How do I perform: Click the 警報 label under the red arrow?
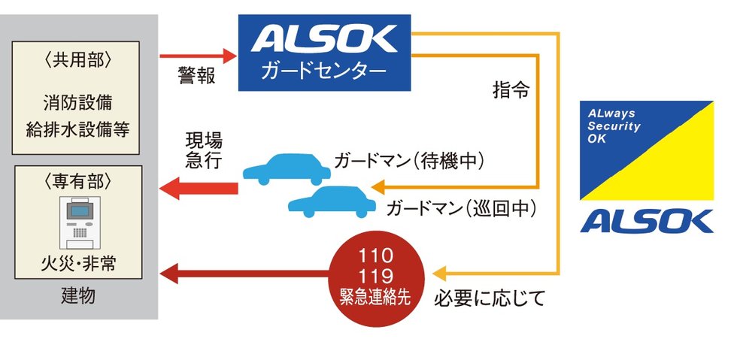coord(197,76)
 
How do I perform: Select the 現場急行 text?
coord(204,150)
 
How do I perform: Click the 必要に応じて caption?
coord(490,298)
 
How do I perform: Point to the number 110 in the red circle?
coord(375,256)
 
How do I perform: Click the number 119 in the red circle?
coord(375,276)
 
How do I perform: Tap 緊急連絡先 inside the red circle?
coord(375,297)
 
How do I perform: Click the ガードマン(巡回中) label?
coord(460,208)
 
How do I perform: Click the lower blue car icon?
coord(332,201)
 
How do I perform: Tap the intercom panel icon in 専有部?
coord(80,222)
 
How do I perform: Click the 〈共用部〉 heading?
coord(76,59)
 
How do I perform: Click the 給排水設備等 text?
coord(77,129)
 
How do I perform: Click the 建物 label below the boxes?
coord(78,296)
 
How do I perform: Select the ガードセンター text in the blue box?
coord(324,71)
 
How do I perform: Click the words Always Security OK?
coord(614,126)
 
